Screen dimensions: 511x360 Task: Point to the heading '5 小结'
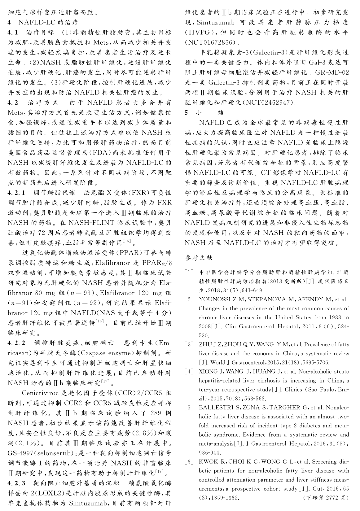tap(204, 112)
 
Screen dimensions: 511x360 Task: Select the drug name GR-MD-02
tap(331, 72)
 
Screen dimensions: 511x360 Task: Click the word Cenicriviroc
tap(41, 393)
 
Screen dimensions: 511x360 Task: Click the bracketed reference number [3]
tap(189, 344)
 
